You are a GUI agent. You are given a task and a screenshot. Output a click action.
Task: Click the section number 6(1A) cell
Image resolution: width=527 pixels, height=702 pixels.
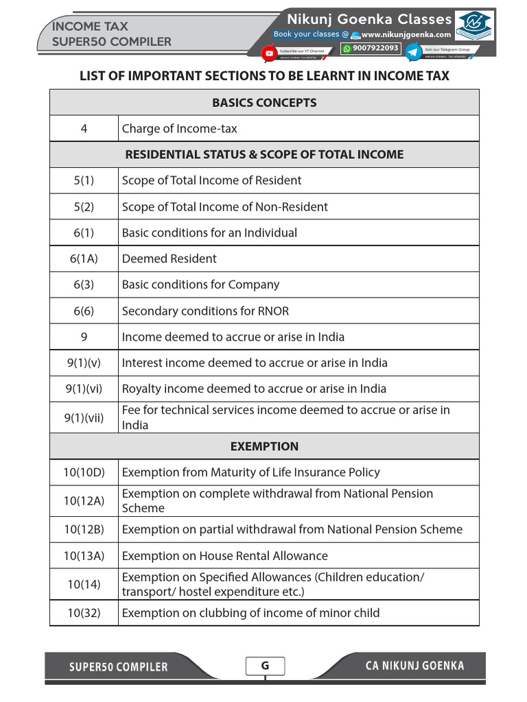[84, 258]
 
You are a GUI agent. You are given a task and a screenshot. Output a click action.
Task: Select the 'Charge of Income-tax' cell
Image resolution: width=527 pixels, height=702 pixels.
[180, 128]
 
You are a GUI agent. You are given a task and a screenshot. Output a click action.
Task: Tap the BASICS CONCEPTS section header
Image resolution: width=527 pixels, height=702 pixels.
[264, 103]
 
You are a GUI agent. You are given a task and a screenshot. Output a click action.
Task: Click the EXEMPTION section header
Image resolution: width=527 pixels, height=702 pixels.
[264, 446]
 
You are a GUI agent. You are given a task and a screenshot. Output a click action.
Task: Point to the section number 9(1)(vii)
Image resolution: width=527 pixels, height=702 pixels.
[84, 417]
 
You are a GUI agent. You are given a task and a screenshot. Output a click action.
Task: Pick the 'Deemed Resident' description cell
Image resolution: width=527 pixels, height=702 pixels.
[169, 258]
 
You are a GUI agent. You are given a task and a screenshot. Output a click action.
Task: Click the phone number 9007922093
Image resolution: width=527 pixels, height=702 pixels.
[375, 48]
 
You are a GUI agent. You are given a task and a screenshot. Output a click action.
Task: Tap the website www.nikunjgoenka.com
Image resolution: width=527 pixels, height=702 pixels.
[406, 34]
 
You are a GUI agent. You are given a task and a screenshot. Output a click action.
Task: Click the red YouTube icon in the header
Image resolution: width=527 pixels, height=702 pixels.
[269, 52]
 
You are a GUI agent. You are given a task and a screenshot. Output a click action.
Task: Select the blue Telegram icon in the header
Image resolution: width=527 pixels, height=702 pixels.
[414, 52]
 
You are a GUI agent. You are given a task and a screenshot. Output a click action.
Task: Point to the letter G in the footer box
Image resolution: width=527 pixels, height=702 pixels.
[265, 666]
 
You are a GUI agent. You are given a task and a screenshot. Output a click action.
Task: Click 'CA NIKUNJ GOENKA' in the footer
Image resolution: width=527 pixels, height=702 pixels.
[414, 666]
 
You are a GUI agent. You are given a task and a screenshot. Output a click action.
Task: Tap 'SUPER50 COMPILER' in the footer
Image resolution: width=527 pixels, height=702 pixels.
[118, 667]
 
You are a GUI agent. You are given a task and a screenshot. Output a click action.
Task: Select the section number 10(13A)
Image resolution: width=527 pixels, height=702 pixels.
[84, 556]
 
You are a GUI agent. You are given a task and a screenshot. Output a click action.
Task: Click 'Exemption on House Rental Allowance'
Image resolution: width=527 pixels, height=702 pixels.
[225, 556]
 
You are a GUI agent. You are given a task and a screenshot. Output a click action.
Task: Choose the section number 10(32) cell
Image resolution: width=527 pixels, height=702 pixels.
[84, 613]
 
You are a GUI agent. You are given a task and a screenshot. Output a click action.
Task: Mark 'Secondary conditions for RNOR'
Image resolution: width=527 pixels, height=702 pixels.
[206, 311]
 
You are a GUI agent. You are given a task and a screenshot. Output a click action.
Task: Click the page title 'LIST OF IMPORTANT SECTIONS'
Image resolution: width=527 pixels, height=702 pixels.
[264, 76]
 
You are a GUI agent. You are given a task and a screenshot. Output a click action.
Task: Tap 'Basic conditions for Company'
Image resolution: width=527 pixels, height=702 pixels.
[201, 285]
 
